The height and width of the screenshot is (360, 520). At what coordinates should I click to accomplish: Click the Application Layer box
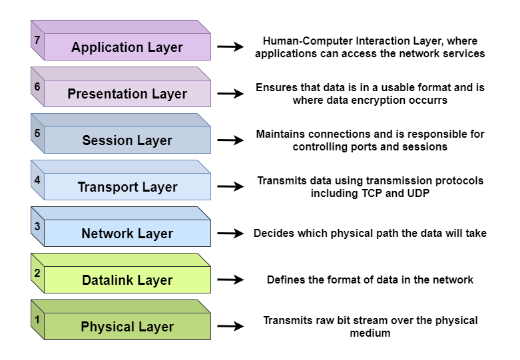tap(127, 47)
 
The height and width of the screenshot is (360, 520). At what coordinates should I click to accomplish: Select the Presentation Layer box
tap(127, 94)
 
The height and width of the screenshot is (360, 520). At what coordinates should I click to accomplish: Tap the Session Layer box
tap(127, 140)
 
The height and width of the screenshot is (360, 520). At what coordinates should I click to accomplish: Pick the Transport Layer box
tap(127, 187)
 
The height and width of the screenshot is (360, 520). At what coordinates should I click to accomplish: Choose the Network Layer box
tap(127, 234)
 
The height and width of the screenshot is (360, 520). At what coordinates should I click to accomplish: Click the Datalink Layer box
tap(127, 280)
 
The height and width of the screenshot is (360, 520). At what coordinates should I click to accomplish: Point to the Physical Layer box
tap(127, 327)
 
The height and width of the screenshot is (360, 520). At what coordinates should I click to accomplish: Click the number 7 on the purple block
tap(37, 40)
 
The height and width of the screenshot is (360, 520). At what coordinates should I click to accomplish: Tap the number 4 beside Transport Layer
tap(37, 180)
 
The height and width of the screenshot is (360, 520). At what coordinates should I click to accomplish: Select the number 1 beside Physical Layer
tap(37, 319)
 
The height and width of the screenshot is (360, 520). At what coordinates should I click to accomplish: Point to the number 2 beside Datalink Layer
tap(37, 273)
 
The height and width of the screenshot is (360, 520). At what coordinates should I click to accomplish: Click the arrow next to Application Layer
tap(231, 47)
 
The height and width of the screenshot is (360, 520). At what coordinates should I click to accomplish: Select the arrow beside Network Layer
tap(231, 234)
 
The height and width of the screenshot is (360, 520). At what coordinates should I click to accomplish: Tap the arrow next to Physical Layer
tap(231, 327)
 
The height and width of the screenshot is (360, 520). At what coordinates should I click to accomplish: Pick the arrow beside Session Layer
tap(231, 140)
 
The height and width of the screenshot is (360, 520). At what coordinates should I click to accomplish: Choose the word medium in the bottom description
tap(370, 333)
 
